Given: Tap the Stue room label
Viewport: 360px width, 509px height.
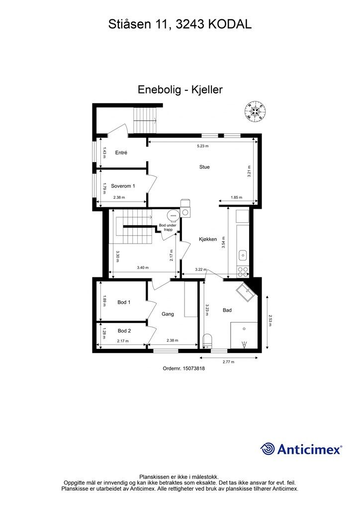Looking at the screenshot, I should coord(204,167).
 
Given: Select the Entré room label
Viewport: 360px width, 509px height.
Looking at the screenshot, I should coord(121,153).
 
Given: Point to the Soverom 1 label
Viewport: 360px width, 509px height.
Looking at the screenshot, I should coord(123,186).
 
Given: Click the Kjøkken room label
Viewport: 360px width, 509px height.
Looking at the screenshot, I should coord(208,239).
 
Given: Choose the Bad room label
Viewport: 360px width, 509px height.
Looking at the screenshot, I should coord(227,310).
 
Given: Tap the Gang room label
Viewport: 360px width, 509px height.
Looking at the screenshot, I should coord(168,314).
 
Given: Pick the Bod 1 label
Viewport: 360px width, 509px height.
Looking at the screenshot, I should coord(124,302).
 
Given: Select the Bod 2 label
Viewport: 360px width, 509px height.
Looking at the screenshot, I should coord(124,331).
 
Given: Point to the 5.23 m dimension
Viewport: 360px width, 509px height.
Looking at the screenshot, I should coord(203,146).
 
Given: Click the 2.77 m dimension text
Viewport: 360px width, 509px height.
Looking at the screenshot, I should coord(228,362).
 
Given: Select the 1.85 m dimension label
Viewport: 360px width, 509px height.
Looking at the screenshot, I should coord(237,198).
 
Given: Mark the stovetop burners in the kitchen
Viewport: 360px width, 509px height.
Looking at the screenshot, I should coord(243,271).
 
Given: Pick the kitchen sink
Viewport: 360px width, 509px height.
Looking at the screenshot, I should coord(243,255).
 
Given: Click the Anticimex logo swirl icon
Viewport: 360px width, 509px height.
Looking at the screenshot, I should coord(268,449).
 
